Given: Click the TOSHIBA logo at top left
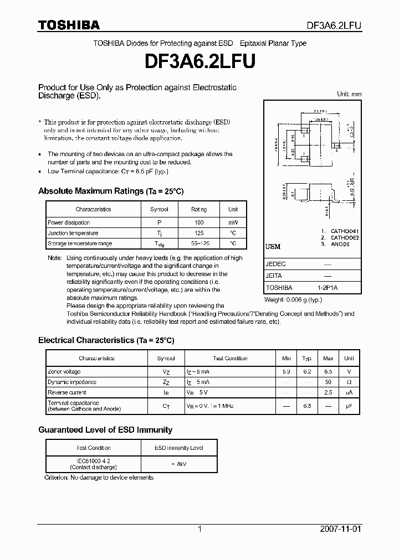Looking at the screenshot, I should click(69, 25).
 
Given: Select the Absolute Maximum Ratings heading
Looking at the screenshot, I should click(110, 191).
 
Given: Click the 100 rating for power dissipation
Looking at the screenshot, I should click(199, 222).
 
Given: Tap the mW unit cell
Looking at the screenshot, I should click(233, 222).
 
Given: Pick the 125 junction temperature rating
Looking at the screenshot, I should click(199, 233).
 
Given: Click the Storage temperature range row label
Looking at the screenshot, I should click(80, 243).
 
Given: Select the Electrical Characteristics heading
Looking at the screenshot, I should click(106, 340).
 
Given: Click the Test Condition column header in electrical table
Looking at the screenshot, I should click(230, 359).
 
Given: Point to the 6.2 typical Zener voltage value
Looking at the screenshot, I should click(307, 372).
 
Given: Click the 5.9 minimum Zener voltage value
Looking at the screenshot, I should click(286, 372).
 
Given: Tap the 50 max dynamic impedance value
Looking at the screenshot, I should click(328, 382).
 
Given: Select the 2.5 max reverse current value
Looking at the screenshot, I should click(328, 392).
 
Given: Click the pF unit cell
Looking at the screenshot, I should click(349, 406).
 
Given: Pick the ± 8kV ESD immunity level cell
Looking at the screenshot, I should click(178, 464).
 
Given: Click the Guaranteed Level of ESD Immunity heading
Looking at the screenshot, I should click(105, 430).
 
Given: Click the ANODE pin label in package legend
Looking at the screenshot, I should click(340, 244).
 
